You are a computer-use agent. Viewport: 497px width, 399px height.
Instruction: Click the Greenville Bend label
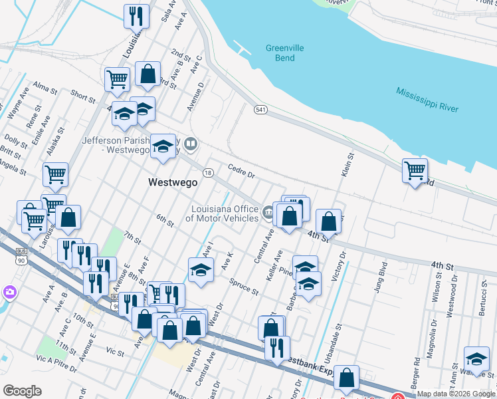tap(284, 53)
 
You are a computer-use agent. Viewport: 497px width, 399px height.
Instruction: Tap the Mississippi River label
tap(427, 100)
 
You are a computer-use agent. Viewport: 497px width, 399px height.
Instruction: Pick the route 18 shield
tap(208, 172)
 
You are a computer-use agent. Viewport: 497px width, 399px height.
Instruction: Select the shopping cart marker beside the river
tap(415, 170)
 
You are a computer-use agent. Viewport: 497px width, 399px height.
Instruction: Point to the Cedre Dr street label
tap(241, 171)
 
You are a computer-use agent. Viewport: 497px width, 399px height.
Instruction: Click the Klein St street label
tap(347, 164)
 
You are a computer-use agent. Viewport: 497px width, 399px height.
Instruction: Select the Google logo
tap(22, 391)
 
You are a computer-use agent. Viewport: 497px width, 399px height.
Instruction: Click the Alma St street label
tap(45, 88)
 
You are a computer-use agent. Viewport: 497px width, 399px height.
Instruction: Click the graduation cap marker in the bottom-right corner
tap(476, 359)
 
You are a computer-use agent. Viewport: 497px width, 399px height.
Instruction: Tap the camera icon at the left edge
tap(9, 291)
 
